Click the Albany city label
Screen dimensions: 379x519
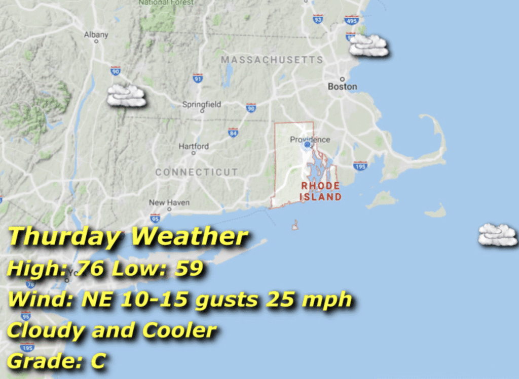point(96,35)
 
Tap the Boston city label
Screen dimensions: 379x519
point(342,87)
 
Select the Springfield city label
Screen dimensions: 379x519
point(202,105)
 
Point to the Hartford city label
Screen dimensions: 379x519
point(193,146)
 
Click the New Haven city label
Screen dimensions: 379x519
point(169,202)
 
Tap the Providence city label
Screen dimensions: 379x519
point(310,140)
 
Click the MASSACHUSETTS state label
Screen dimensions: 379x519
point(272,60)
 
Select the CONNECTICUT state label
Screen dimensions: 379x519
point(196,172)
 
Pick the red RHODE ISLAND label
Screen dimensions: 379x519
point(321,191)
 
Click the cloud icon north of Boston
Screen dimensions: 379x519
point(369,45)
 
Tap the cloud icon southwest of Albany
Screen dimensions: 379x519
point(126,95)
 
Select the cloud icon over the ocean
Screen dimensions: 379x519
point(498,235)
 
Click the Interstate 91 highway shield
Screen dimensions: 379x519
point(198,78)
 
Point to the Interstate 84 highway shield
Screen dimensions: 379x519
point(233,133)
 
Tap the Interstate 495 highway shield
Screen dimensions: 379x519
point(351,20)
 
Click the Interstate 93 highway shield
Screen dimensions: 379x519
point(318,19)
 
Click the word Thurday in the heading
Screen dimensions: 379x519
point(64,237)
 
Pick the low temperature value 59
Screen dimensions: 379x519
point(189,269)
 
